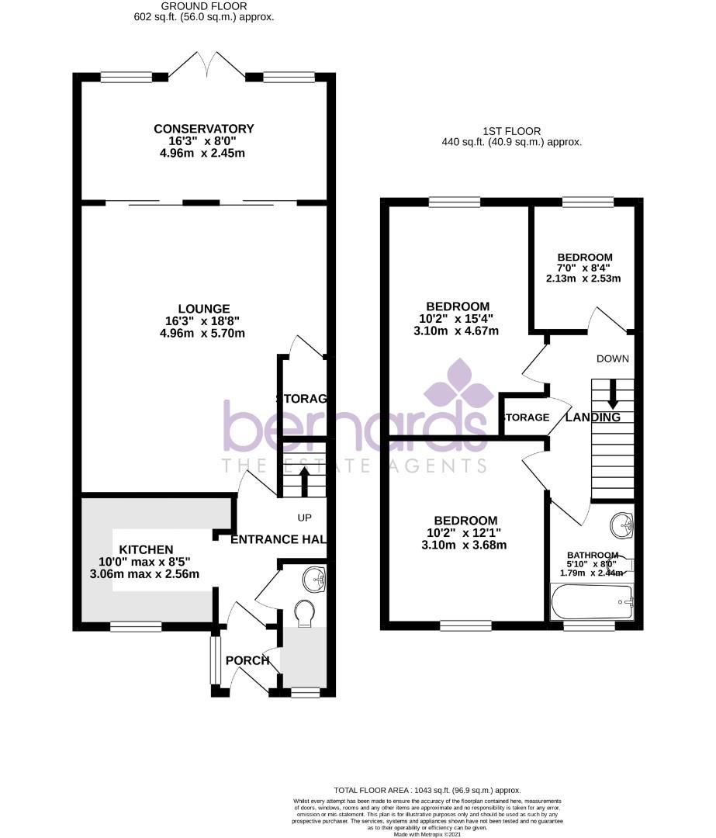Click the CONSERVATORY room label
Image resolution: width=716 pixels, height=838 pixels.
(x=203, y=129)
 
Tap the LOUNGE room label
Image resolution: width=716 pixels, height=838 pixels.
(x=203, y=309)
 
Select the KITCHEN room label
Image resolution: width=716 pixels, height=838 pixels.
(x=146, y=549)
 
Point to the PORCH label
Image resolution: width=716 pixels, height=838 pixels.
(x=247, y=660)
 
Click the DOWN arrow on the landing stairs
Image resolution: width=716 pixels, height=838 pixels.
(x=613, y=393)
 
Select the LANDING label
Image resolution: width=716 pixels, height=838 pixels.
(x=593, y=417)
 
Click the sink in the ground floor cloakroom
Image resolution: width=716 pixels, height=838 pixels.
(x=313, y=577)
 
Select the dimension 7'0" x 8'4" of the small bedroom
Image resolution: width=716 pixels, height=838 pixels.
(x=585, y=268)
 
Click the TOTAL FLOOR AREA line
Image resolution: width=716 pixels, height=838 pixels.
(x=427, y=790)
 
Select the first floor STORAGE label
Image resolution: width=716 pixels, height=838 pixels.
(x=527, y=417)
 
